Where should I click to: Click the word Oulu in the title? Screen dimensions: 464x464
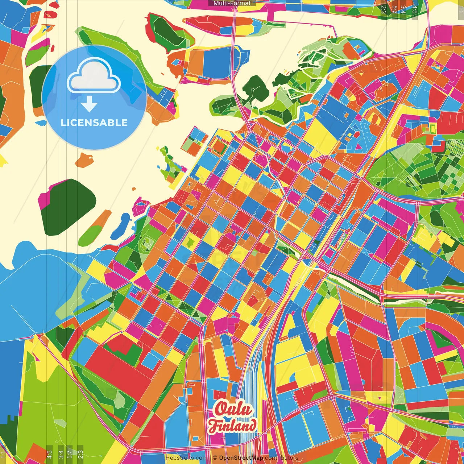point(233,410)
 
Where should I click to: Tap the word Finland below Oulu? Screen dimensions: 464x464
point(232,425)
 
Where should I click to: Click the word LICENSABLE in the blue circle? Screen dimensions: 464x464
point(94,123)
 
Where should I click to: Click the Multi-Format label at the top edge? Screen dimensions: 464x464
point(232,3)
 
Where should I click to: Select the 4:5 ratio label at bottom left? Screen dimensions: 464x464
point(49,453)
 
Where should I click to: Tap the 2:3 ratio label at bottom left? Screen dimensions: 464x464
point(80,453)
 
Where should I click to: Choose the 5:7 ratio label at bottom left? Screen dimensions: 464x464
point(70,453)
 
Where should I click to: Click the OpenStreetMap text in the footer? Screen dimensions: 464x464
point(241,458)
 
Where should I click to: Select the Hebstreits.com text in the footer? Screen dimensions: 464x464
point(186,458)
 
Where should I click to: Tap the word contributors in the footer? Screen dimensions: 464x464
point(281,458)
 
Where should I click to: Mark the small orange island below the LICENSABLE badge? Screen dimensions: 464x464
point(84,160)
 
